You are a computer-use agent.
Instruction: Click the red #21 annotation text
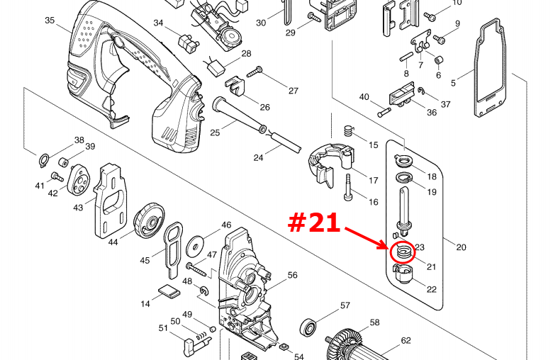click(x=314, y=223)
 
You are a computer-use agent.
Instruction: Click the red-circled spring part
click(x=403, y=252)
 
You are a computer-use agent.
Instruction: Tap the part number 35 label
click(x=50, y=21)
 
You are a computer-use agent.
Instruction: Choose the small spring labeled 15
click(x=349, y=132)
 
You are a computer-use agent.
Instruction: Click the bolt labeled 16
click(x=348, y=188)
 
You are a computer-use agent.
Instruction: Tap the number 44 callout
click(x=113, y=242)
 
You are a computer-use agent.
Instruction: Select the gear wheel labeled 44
click(x=149, y=220)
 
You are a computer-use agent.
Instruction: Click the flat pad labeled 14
click(x=169, y=292)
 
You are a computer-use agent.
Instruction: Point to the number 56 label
click(x=292, y=275)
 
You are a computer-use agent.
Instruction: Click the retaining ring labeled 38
click(x=44, y=161)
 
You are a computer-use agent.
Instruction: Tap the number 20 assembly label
click(x=461, y=247)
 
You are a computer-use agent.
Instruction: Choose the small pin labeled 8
click(x=407, y=57)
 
